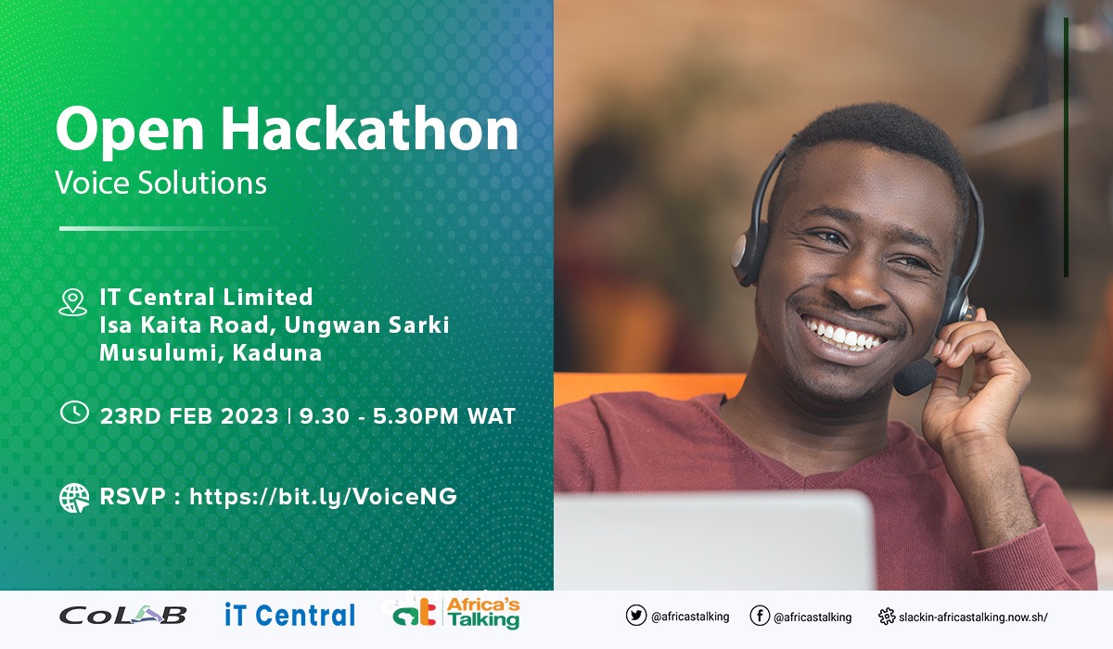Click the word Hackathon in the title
(369, 130)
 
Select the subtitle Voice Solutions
(160, 182)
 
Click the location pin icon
(72, 301)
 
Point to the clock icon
(73, 414)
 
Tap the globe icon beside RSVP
(73, 497)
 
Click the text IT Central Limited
(206, 298)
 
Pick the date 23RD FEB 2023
(189, 416)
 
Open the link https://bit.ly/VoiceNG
(323, 497)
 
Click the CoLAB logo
(122, 615)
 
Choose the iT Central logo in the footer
(289, 615)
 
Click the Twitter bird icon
(635, 617)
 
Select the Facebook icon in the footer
(759, 617)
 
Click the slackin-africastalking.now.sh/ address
(973, 617)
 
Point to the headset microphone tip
(915, 376)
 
